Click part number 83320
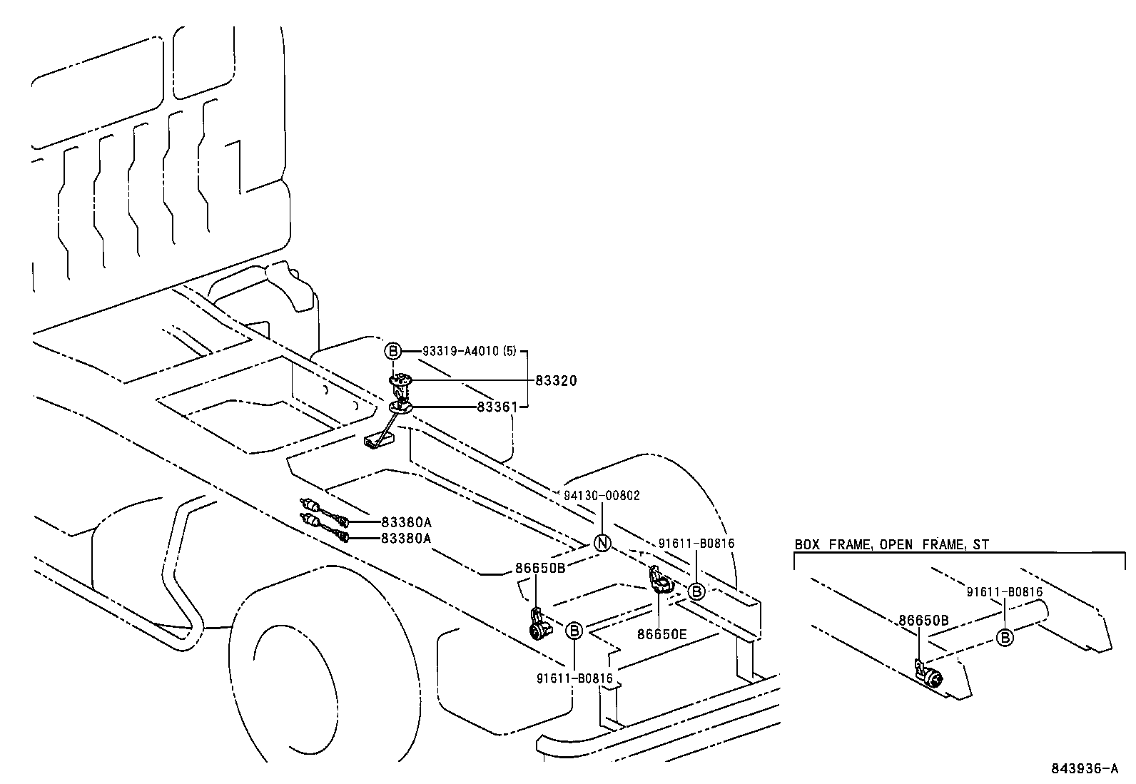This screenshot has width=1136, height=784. [556, 381]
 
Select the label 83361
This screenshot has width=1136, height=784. [497, 407]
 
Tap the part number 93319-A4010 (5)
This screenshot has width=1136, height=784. [469, 351]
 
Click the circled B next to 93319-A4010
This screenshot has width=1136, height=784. [393, 351]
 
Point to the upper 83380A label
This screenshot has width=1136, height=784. [406, 521]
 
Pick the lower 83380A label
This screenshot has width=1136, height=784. [406, 538]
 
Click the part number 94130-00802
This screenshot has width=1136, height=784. [602, 495]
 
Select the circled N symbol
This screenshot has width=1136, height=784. [603, 544]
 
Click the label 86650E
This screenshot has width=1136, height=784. [661, 633]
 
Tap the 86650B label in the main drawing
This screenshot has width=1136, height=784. [540, 568]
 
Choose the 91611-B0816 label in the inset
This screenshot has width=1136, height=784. [1005, 591]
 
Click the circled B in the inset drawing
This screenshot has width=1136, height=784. [1005, 638]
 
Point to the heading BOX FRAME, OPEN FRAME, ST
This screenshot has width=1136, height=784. [892, 544]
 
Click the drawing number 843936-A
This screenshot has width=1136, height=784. [1084, 768]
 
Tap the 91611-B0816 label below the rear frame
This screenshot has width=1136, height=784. [574, 678]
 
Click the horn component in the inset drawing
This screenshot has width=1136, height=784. [929, 676]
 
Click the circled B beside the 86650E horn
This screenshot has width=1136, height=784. [696, 591]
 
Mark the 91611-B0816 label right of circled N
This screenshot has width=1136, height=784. [696, 543]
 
